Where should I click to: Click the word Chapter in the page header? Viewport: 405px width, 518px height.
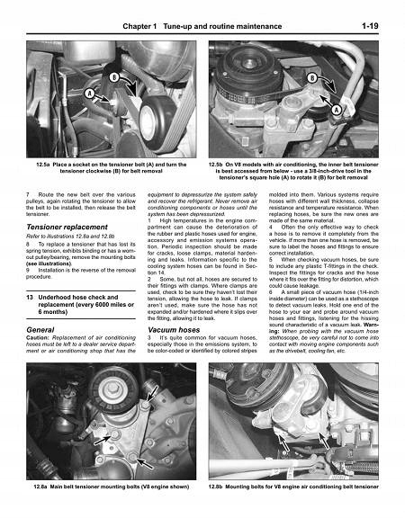[x=135, y=8]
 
